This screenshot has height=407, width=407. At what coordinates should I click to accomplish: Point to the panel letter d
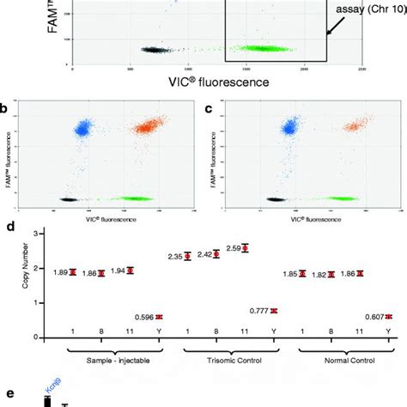[x=8, y=228]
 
